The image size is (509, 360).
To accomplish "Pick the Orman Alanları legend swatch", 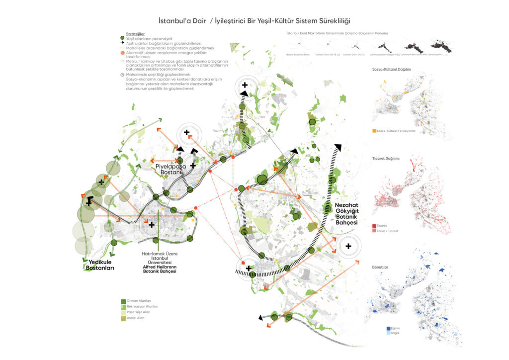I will [x=123, y=301].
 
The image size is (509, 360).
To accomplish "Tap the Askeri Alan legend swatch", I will [x=123, y=318].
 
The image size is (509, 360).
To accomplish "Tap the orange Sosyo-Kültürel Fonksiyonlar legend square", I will [x=374, y=131].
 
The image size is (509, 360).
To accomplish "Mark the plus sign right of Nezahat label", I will [x=348, y=246].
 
